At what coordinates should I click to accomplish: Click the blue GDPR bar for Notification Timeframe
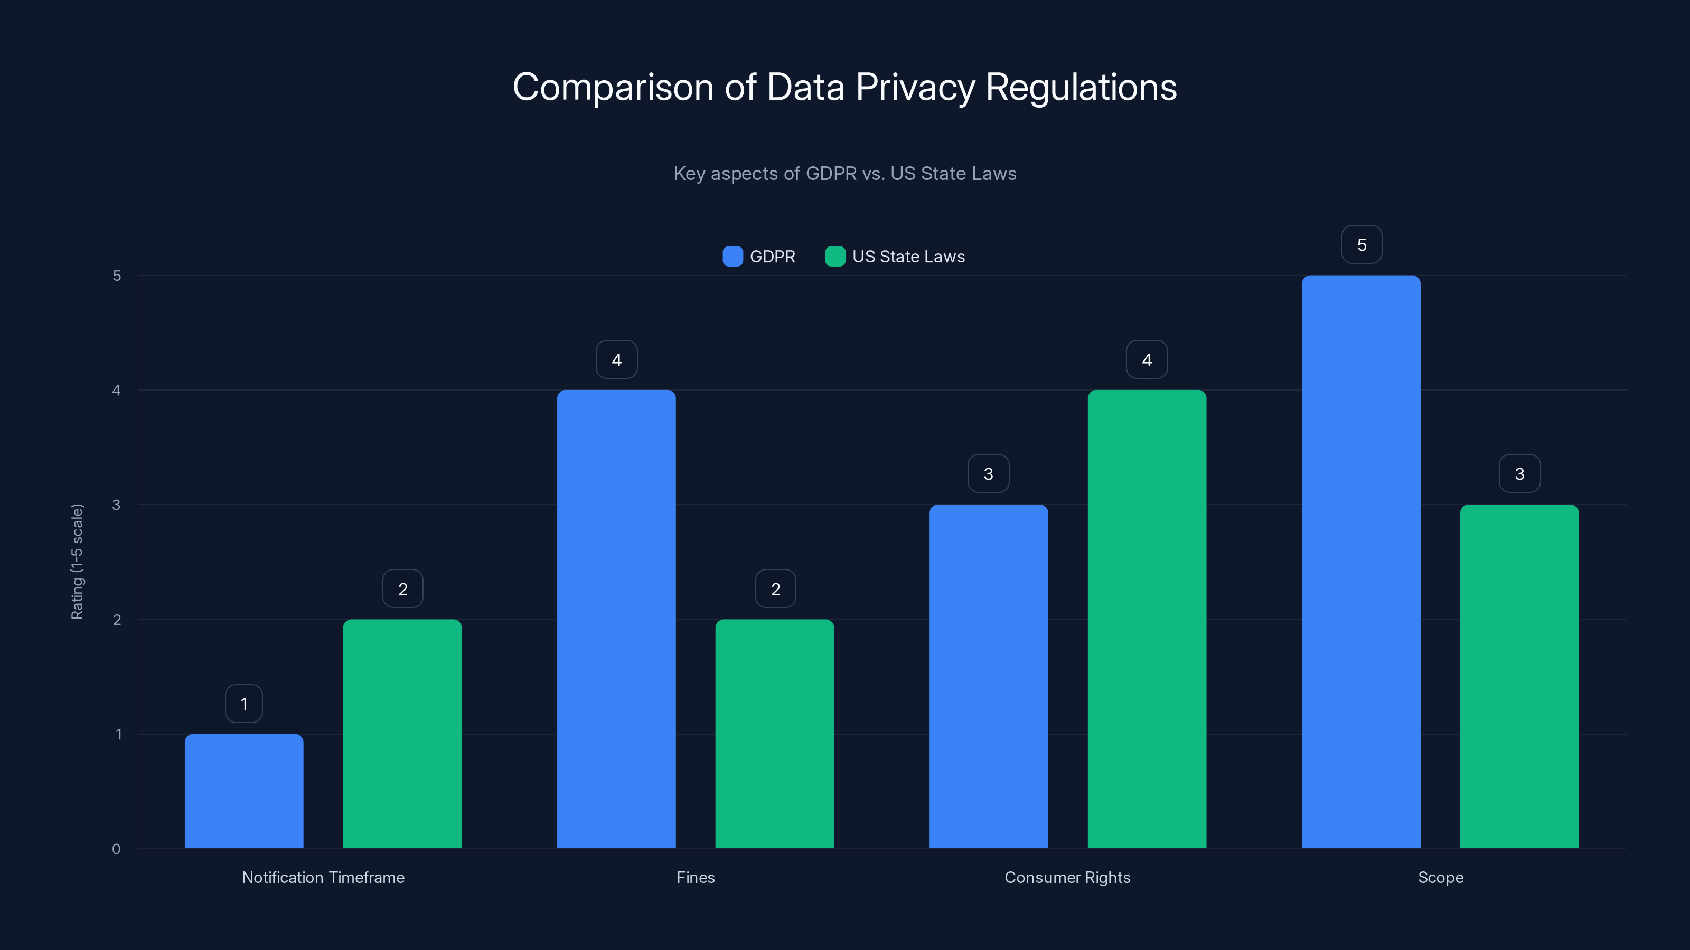[244, 791]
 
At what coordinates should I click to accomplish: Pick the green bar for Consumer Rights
[1147, 619]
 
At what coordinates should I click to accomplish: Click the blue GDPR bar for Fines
[616, 619]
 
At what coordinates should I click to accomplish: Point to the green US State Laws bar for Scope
[1519, 676]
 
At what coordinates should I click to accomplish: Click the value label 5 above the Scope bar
[1362, 244]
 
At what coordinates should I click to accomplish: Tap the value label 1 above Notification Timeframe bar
[244, 704]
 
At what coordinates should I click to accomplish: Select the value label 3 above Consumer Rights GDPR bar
[988, 473]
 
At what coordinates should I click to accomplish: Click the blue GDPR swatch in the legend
[732, 256]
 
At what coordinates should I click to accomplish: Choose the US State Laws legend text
[908, 256]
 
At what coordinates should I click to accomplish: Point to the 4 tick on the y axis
[116, 390]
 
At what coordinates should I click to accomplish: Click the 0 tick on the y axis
[116, 849]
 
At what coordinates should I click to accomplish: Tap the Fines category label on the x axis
[696, 877]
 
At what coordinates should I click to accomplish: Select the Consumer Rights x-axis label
[1067, 877]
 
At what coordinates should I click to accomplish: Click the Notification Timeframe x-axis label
[323, 877]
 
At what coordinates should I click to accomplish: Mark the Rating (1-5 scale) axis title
[77, 561]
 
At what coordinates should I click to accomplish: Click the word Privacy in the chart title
[915, 87]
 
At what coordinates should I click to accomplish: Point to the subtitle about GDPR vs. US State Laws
[844, 173]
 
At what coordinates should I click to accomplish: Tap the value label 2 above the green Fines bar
[775, 589]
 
